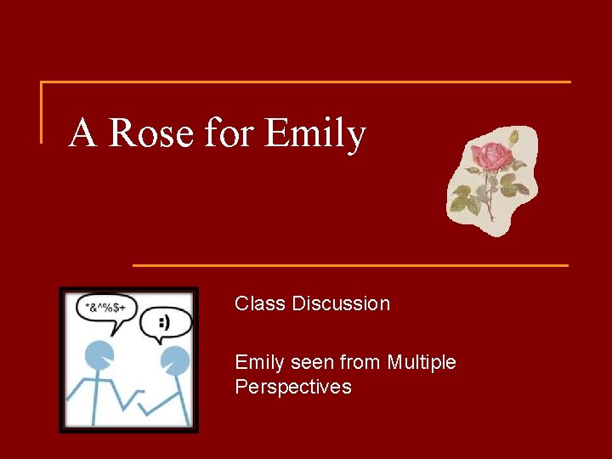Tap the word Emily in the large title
pyautogui.click(x=314, y=134)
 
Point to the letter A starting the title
pyautogui.click(x=82, y=133)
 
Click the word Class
pyautogui.click(x=260, y=303)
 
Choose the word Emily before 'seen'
pyautogui.click(x=259, y=363)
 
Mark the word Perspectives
pyautogui.click(x=292, y=388)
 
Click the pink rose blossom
pyautogui.click(x=489, y=156)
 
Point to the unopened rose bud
pyautogui.click(x=514, y=138)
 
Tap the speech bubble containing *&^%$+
pyautogui.click(x=105, y=306)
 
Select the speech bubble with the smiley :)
pyautogui.click(x=163, y=325)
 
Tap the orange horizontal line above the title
pyautogui.click(x=306, y=82)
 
